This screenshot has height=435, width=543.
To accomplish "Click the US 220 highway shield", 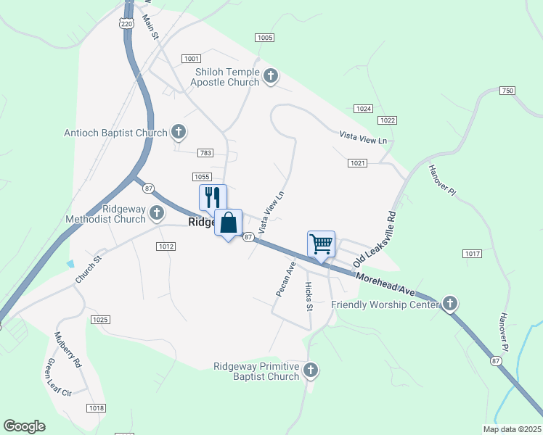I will pos(127,24).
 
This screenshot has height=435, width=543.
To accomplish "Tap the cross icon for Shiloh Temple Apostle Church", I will pos(271,76).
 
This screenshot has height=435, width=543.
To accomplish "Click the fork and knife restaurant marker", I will pos(213,197).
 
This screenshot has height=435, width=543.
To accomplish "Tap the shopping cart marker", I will pos(320,243).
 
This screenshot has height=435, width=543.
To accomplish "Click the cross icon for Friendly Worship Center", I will pos(450,303).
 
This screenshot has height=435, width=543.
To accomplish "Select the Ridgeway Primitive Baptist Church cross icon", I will pos(311,370).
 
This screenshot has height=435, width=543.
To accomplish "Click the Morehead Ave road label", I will pos(385,282).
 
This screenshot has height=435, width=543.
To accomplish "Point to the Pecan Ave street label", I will pos(284,279).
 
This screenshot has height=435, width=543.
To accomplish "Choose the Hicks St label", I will pos(309,297).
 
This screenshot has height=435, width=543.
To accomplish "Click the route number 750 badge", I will pos(507,91).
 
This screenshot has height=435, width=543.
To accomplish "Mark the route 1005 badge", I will pos(264,37).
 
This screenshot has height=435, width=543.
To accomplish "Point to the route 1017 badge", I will pos(472,254).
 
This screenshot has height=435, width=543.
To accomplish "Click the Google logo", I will pos(24,426).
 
